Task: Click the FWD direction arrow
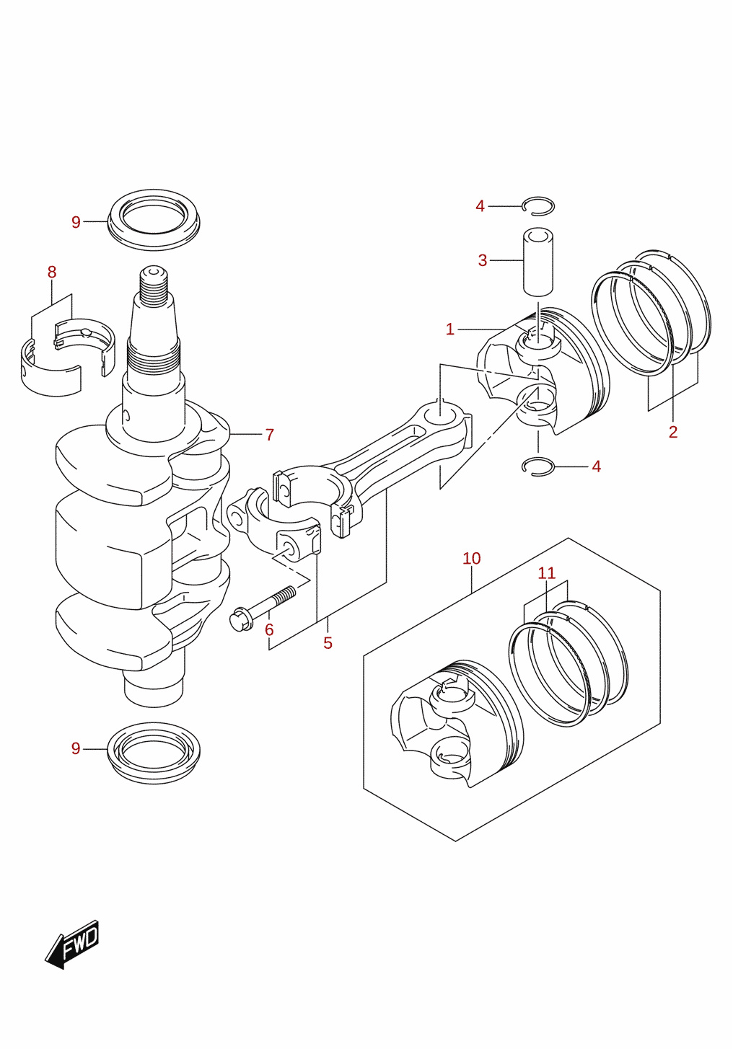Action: (x=71, y=944)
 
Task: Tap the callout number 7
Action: (x=270, y=435)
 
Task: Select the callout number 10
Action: (x=472, y=559)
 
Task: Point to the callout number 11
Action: (x=547, y=573)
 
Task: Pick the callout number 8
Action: (x=52, y=272)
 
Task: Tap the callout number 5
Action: (x=328, y=643)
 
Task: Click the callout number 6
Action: (x=269, y=630)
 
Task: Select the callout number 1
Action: (x=450, y=329)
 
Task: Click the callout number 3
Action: (x=483, y=260)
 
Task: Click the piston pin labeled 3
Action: (x=538, y=262)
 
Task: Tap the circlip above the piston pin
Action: (x=538, y=206)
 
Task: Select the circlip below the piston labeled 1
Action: (x=538, y=466)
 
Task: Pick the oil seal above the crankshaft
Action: (x=154, y=219)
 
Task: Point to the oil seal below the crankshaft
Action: (x=154, y=753)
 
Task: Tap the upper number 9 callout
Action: (x=76, y=222)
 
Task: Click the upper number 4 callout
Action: (x=480, y=206)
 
